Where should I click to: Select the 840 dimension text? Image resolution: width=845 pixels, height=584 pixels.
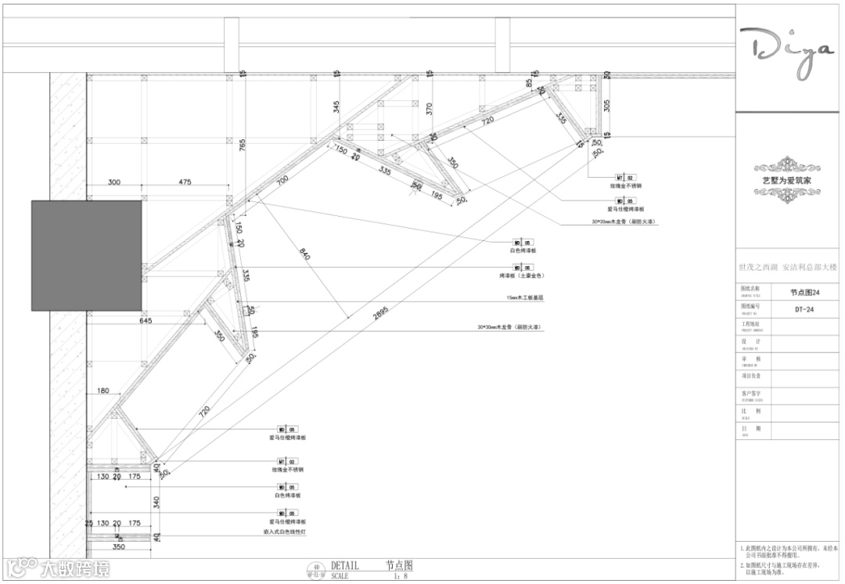click(304, 254)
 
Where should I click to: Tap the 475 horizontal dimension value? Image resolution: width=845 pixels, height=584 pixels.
click(185, 182)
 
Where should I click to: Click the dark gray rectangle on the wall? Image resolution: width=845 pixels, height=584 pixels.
click(87, 254)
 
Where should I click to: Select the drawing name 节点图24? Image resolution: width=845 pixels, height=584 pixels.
click(804, 292)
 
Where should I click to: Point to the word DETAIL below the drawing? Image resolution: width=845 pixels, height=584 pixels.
click(345, 564)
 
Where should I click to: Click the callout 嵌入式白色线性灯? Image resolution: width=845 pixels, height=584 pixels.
click(284, 532)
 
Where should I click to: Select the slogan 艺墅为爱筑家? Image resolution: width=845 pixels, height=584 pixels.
click(788, 180)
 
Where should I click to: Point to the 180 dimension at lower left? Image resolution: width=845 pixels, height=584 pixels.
click(102, 391)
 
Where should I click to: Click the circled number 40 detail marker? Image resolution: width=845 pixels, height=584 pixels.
click(317, 568)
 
